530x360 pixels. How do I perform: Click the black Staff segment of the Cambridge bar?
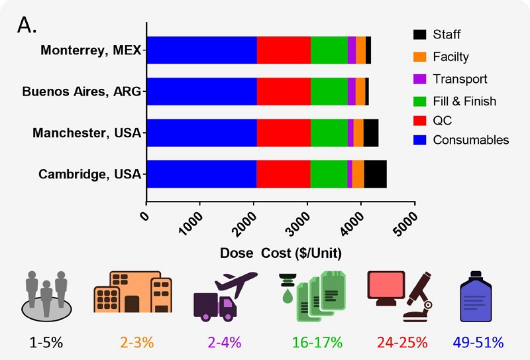pos(375,174)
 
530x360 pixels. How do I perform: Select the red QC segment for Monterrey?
pos(284,50)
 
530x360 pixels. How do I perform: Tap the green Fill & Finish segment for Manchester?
pos(329,133)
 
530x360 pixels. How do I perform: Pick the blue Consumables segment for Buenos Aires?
pos(201,91)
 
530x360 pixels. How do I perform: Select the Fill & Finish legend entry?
pos(464,101)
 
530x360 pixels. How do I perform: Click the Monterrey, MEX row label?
pos(91,50)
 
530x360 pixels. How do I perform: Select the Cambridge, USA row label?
pos(90,174)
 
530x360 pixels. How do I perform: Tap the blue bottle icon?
pos(478,296)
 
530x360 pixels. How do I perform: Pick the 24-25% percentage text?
pos(402,343)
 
